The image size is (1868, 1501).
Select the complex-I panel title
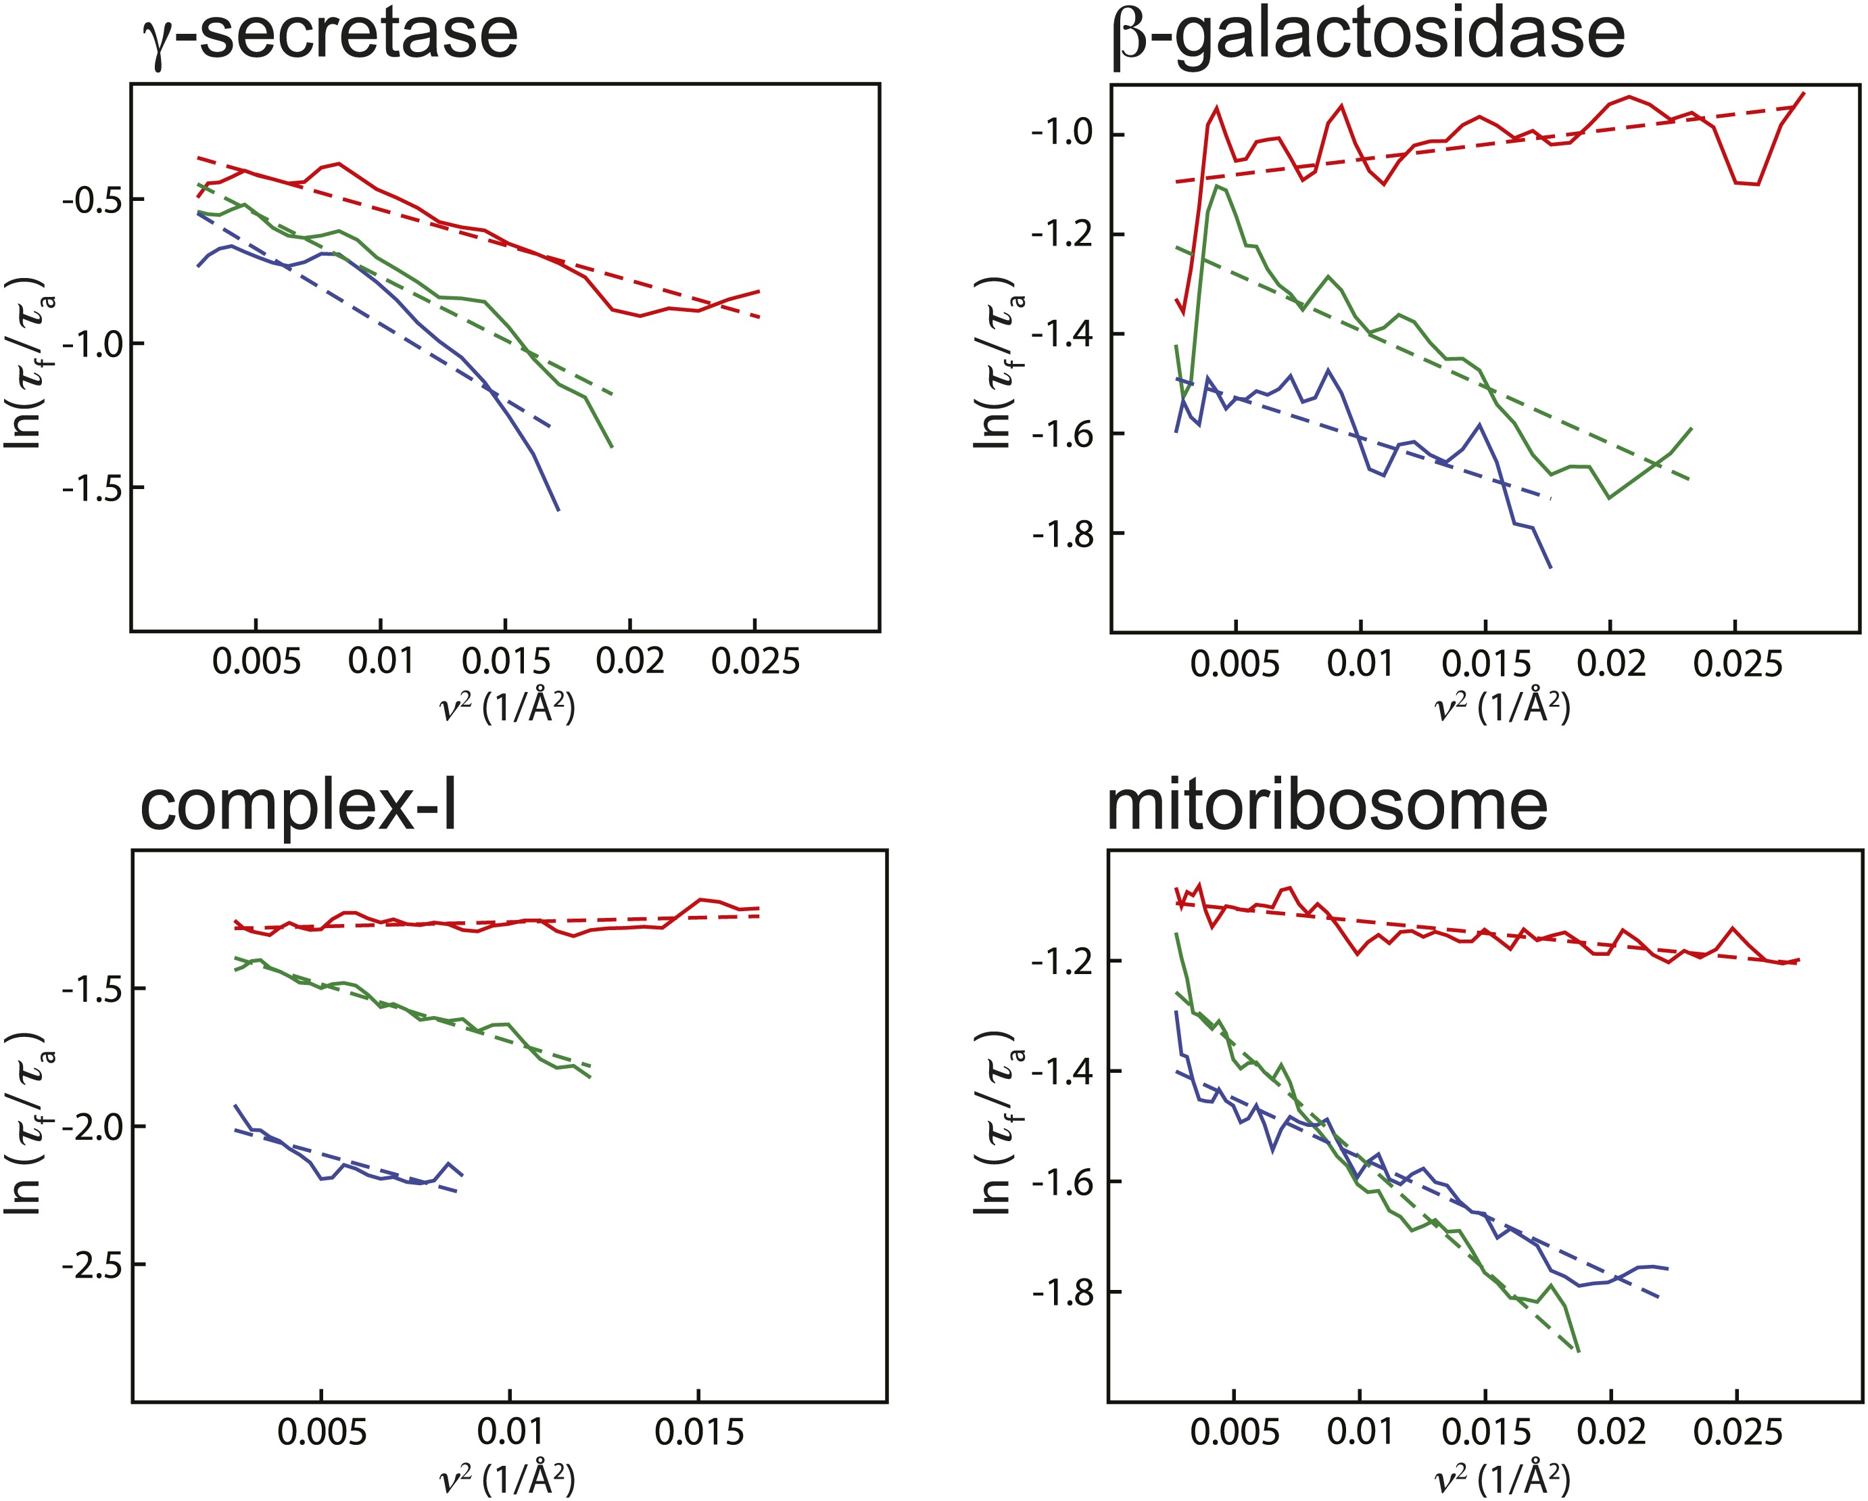(299, 806)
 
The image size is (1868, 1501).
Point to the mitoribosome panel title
(1326, 806)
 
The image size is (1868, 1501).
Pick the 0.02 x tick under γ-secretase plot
(630, 662)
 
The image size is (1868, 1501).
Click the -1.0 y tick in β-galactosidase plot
(1061, 133)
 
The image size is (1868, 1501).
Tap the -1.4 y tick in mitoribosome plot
(1061, 1071)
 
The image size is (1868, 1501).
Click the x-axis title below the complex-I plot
(508, 1479)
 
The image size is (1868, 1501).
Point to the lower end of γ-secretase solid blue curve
(558, 509)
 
